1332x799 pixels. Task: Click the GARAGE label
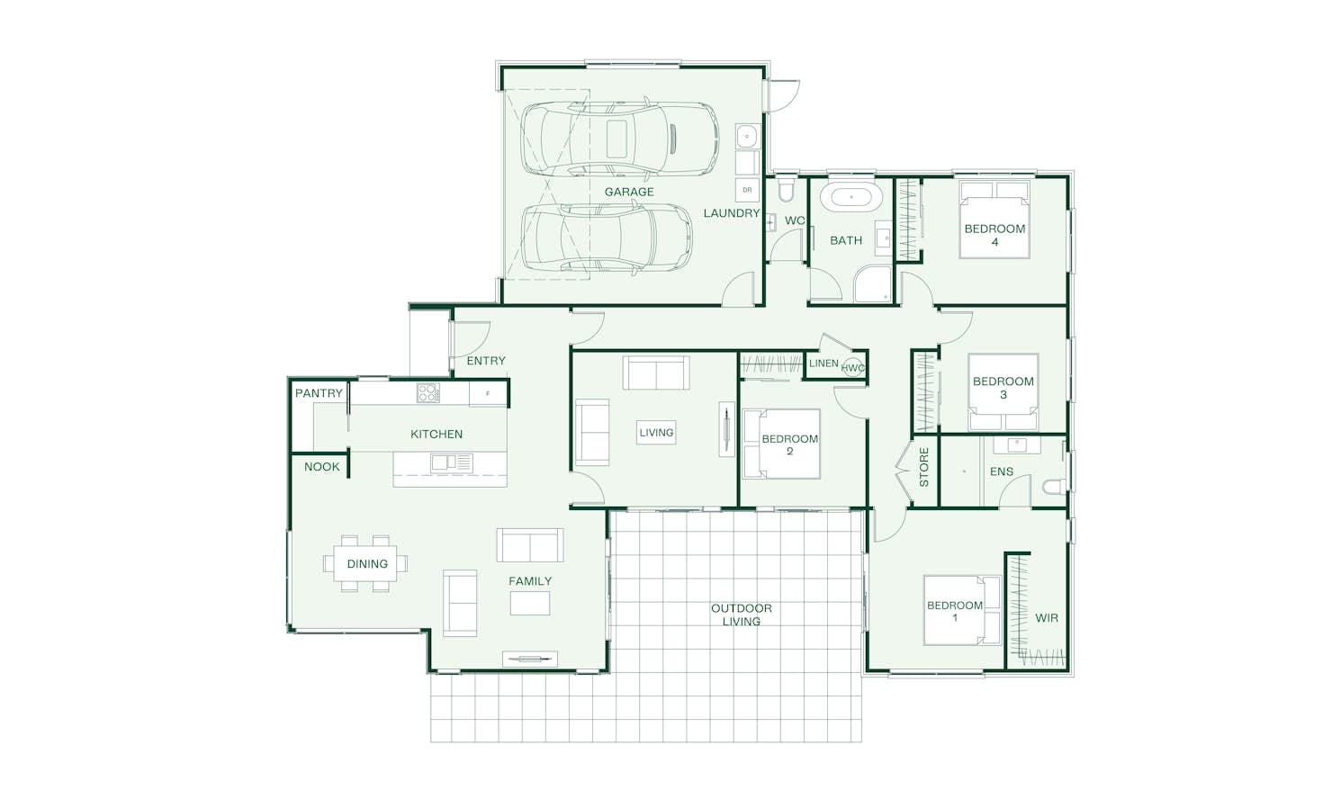(x=628, y=192)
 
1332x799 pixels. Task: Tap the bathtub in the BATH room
(x=850, y=197)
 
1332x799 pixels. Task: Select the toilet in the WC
(x=786, y=190)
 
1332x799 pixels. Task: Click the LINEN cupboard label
(x=823, y=364)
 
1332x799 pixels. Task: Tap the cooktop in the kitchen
(x=428, y=392)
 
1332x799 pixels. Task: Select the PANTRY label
(x=319, y=393)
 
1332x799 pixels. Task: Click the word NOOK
(x=321, y=467)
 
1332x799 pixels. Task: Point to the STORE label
(x=924, y=467)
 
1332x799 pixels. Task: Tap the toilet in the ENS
(x=1054, y=487)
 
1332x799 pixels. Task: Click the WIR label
(x=1047, y=617)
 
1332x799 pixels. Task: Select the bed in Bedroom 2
(x=781, y=444)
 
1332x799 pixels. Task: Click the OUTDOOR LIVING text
(x=742, y=615)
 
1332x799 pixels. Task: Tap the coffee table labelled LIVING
(x=656, y=432)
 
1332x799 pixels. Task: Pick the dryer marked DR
(x=747, y=190)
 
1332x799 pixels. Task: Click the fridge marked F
(x=488, y=393)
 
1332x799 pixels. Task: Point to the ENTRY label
(x=486, y=361)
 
